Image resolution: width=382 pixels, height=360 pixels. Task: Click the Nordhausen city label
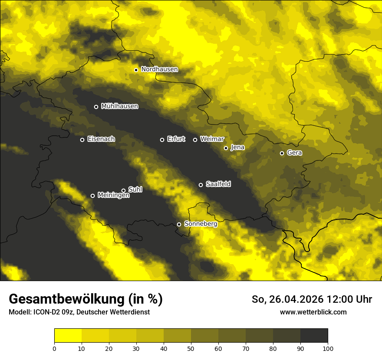[159, 69]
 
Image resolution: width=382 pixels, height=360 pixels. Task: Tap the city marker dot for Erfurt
[162, 140]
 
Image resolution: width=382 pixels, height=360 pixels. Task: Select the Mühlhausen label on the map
[119, 106]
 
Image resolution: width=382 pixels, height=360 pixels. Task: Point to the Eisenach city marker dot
[82, 140]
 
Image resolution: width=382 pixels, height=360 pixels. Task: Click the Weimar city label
[212, 139]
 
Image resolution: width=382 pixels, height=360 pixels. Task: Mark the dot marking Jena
[226, 148]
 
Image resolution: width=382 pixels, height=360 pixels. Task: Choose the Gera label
[294, 153]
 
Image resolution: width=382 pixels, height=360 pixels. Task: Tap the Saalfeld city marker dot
[201, 185]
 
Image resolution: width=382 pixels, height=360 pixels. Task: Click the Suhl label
[135, 190]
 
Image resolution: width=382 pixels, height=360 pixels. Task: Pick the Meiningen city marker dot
[92, 196]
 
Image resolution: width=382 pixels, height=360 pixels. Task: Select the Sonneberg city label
[201, 224]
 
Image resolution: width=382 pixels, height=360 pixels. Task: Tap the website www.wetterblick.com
[313, 312]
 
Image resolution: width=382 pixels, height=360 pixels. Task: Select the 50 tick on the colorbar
[191, 348]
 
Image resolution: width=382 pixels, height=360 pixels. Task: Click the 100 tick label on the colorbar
[328, 348]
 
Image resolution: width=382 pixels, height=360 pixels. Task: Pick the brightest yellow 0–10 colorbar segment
[68, 335]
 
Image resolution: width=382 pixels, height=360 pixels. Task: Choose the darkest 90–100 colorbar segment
[314, 335]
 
